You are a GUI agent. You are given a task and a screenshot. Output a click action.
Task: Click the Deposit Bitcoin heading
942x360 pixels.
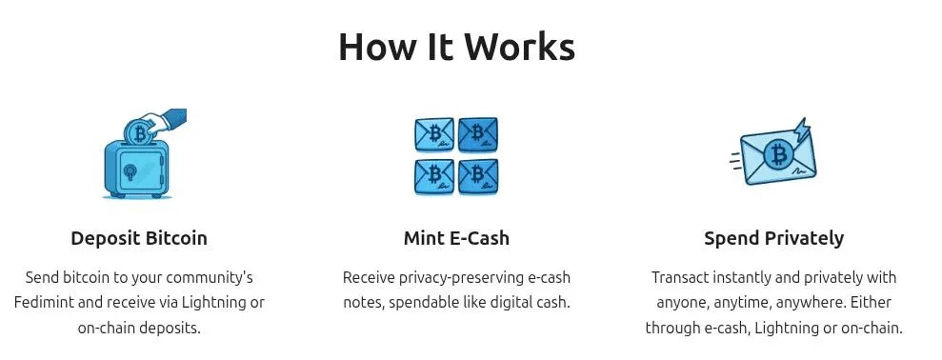[139, 238]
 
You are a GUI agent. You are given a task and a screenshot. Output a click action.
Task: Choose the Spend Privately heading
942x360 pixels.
[773, 238]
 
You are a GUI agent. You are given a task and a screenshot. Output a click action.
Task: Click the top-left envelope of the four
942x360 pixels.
[434, 135]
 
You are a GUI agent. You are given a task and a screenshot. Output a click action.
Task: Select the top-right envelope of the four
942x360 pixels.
[477, 135]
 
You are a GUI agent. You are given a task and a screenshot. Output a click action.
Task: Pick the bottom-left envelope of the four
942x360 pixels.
[434, 175]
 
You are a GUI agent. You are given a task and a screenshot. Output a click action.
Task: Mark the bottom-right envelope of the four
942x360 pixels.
[477, 175]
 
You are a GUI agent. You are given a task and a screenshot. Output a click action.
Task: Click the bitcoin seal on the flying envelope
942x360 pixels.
[779, 154]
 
